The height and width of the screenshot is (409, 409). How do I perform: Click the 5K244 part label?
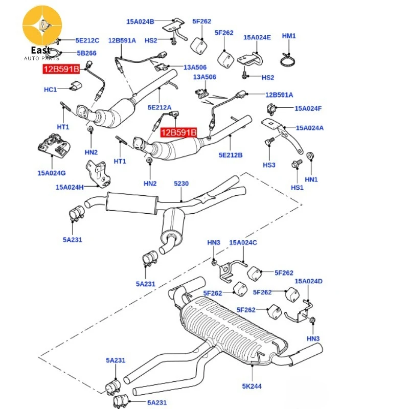coord(252,386)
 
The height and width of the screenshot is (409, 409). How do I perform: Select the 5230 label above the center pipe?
coord(181,184)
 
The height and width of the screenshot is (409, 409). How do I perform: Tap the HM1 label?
coord(289,36)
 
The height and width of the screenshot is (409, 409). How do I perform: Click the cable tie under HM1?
coord(289,59)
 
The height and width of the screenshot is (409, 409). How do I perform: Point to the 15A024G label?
coord(52,173)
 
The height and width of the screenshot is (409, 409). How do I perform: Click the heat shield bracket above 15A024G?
coord(54,145)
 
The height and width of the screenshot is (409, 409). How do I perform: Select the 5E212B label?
coord(231,155)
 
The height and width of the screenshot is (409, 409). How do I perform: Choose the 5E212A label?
coord(160,107)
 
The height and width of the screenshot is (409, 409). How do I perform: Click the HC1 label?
coord(50,89)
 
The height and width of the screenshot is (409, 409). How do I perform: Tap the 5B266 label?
coord(86,53)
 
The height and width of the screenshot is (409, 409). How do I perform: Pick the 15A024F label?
coord(308,108)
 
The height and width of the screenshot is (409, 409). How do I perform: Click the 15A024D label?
coord(309,281)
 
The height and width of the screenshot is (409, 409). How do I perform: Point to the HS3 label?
coord(269,165)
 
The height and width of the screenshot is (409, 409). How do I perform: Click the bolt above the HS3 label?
coord(270,141)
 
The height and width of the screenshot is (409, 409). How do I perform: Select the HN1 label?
coord(311,179)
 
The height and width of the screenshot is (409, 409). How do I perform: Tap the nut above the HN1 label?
coord(310,156)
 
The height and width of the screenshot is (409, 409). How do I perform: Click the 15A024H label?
coord(70,187)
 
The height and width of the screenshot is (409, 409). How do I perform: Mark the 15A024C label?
coord(243,242)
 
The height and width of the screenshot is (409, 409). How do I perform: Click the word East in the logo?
coord(41,50)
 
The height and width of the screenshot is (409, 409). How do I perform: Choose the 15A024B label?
coord(140,21)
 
